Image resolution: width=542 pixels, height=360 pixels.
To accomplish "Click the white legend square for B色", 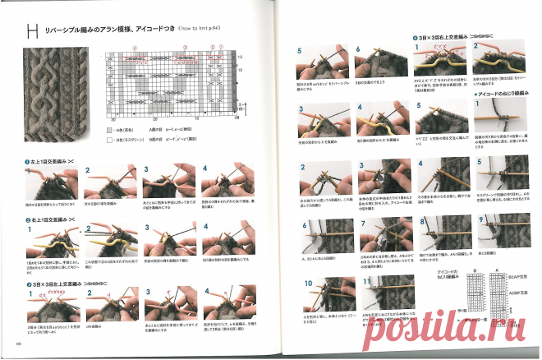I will pos(109,141).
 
